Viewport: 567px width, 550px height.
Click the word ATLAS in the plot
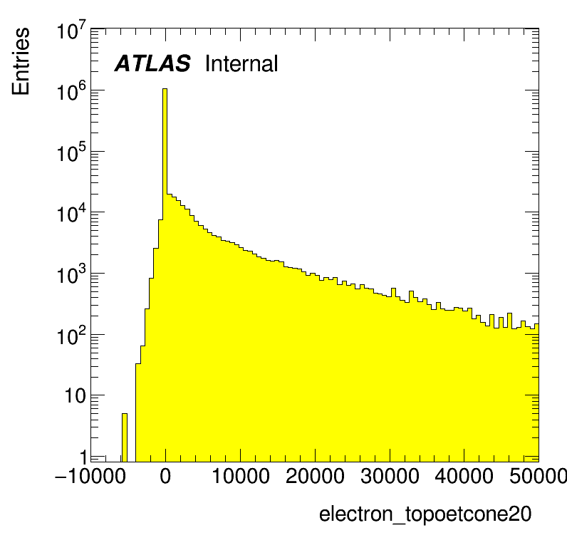click(x=152, y=64)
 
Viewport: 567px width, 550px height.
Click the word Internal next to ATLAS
click(x=241, y=64)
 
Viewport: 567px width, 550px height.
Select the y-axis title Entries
click(x=21, y=61)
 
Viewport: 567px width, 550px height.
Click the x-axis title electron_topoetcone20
click(x=425, y=514)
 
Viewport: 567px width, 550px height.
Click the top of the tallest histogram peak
click(x=165, y=90)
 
